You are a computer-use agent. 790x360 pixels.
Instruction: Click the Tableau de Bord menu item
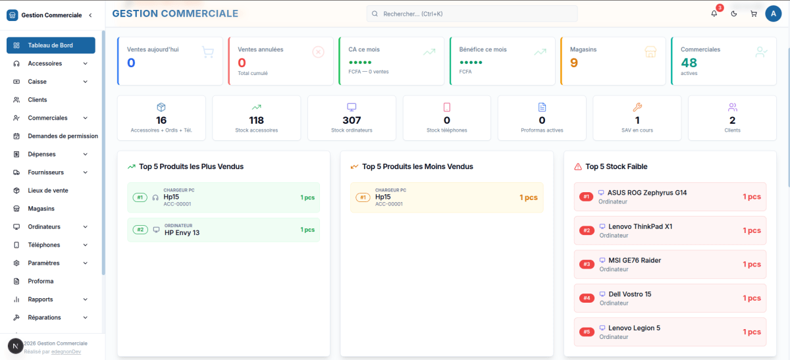pyautogui.click(x=51, y=45)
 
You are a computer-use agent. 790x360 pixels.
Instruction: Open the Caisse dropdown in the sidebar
pyautogui.click(x=51, y=82)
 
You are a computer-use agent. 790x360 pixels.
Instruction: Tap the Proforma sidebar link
pyautogui.click(x=41, y=281)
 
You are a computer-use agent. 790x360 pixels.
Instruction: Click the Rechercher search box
pyautogui.click(x=472, y=14)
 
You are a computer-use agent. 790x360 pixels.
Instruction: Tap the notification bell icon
pyautogui.click(x=714, y=14)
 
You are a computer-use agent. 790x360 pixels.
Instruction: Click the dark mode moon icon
pyautogui.click(x=734, y=14)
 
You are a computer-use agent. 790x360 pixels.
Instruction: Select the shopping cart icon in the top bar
pyautogui.click(x=754, y=14)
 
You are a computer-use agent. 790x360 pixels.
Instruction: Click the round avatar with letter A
pyautogui.click(x=774, y=14)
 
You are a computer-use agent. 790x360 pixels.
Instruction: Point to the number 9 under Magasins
pyautogui.click(x=574, y=63)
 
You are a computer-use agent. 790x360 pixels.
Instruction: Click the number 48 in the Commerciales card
pyautogui.click(x=689, y=63)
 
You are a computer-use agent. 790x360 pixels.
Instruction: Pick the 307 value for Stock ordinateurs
pyautogui.click(x=352, y=120)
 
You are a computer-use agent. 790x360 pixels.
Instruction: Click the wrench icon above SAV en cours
pyautogui.click(x=637, y=107)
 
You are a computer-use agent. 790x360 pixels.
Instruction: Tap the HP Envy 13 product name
pyautogui.click(x=182, y=233)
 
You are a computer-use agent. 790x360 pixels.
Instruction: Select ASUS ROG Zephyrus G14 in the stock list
pyautogui.click(x=646, y=193)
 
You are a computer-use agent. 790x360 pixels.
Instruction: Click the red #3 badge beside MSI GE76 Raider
pyautogui.click(x=587, y=264)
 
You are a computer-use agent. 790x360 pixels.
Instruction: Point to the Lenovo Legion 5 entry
pyautogui.click(x=634, y=328)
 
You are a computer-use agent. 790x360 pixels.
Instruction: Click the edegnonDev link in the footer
pyautogui.click(x=66, y=351)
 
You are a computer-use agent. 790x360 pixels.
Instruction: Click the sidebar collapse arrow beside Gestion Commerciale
pyautogui.click(x=91, y=15)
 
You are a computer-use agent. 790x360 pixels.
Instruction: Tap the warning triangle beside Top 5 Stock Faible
pyautogui.click(x=578, y=167)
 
